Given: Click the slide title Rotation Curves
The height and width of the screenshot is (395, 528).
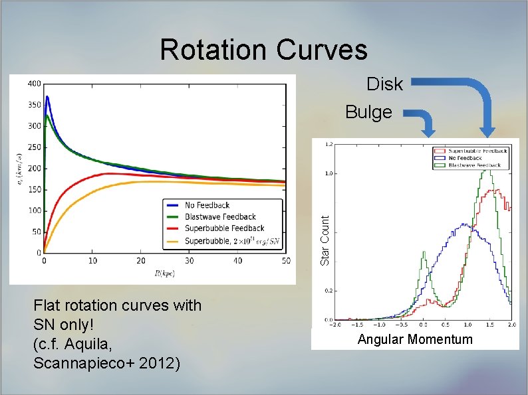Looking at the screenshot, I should (263, 50).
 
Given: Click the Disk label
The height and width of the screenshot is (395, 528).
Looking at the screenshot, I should (384, 84).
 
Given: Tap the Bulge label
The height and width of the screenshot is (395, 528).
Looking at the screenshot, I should (368, 112).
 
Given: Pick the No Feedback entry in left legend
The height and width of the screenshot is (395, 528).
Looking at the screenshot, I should (207, 206).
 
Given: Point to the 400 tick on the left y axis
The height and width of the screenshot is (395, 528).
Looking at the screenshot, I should (33, 84).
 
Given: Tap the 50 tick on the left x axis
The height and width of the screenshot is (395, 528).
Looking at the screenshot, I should (286, 262).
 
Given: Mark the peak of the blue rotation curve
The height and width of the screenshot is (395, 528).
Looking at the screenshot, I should (47, 97).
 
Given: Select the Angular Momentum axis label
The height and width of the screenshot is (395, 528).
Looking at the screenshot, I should (415, 339).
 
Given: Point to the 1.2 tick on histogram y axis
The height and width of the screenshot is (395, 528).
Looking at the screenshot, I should (329, 143).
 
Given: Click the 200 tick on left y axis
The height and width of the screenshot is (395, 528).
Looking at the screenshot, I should (33, 169).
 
